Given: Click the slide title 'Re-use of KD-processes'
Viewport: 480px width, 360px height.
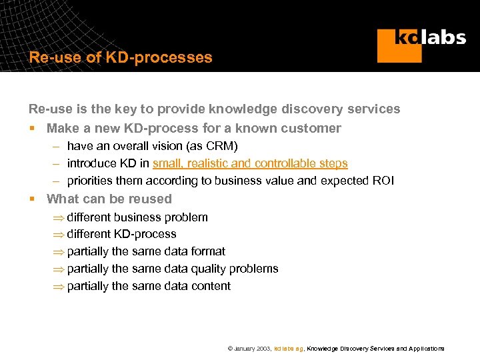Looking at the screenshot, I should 121,57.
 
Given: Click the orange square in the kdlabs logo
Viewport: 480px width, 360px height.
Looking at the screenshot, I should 399,45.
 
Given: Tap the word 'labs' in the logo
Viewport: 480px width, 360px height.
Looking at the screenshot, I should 445,37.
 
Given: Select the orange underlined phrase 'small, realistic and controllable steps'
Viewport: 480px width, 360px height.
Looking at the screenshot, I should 250,163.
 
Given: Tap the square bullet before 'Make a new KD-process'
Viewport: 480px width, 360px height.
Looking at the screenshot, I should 32,129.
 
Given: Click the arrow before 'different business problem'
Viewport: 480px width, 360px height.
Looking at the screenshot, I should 58,218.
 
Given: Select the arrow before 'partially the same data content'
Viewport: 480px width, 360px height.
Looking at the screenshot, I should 58,287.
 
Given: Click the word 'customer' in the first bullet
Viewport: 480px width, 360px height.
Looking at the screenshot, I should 315,128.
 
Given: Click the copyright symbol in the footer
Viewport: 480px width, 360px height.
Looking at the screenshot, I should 230,349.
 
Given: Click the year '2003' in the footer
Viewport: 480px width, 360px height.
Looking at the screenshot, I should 263,349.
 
